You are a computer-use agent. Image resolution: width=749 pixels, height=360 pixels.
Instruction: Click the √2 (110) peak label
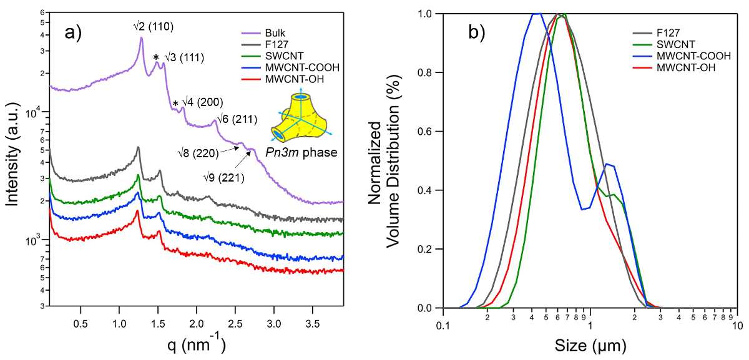click(x=149, y=26)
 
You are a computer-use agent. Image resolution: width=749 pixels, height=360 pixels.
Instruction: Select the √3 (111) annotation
click(x=184, y=58)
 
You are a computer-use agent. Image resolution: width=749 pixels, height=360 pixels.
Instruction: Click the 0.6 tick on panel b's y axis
click(x=429, y=132)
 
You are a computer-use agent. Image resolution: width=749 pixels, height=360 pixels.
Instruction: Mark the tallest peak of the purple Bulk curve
click(x=142, y=38)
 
